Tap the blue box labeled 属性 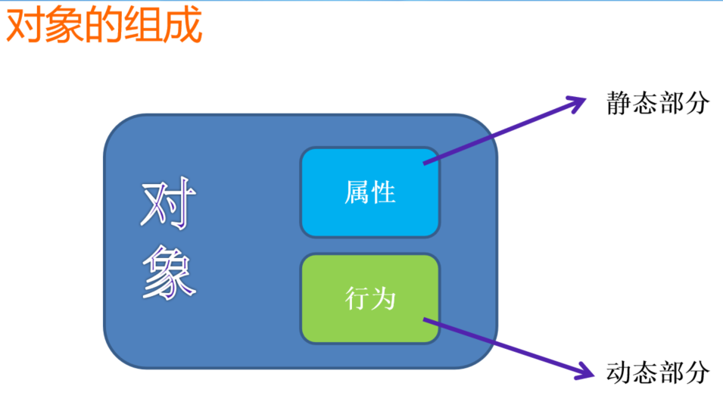pyautogui.click(x=370, y=192)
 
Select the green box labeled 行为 pyautogui.click(x=370, y=298)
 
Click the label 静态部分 pyautogui.click(x=658, y=104)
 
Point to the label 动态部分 pyautogui.click(x=658, y=372)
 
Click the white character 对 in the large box pyautogui.click(x=169, y=205)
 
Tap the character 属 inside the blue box pyautogui.click(x=357, y=192)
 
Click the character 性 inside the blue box pyautogui.click(x=384, y=192)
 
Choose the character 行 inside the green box pyautogui.click(x=357, y=299)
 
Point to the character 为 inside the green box pyautogui.click(x=384, y=299)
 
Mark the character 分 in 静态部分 pyautogui.click(x=697, y=104)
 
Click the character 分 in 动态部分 pyautogui.click(x=697, y=372)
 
